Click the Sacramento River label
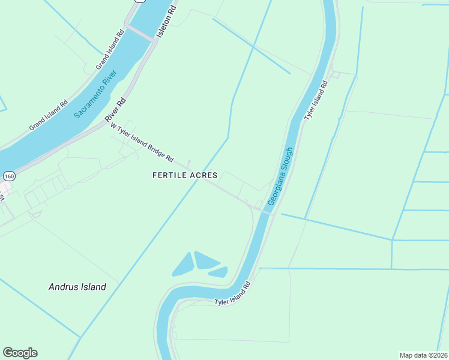[x=97, y=94]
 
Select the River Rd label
[x=116, y=110]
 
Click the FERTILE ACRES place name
[x=184, y=175]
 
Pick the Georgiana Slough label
[x=280, y=177]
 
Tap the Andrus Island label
[x=77, y=287]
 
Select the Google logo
[x=20, y=353]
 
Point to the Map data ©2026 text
[x=423, y=355]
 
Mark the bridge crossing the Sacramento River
[x=140, y=33]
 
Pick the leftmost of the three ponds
[x=183, y=265]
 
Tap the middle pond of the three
[x=206, y=260]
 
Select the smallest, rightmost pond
[x=219, y=272]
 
